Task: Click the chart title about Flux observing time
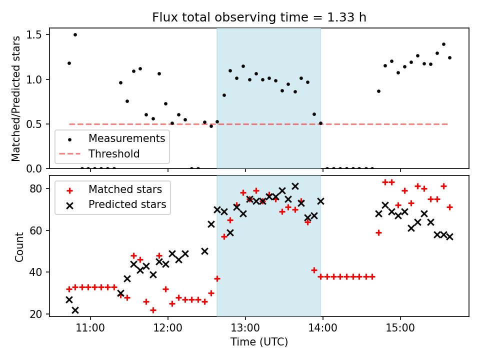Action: point(259,17)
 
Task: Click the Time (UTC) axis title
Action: point(259,342)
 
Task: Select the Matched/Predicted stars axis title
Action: point(16,98)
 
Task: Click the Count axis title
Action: point(19,247)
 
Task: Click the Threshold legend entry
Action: point(114,153)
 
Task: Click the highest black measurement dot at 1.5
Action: point(75,34)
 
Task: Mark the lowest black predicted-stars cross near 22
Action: point(75,310)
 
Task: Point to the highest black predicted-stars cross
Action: point(295,186)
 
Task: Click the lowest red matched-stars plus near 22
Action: point(153,310)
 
